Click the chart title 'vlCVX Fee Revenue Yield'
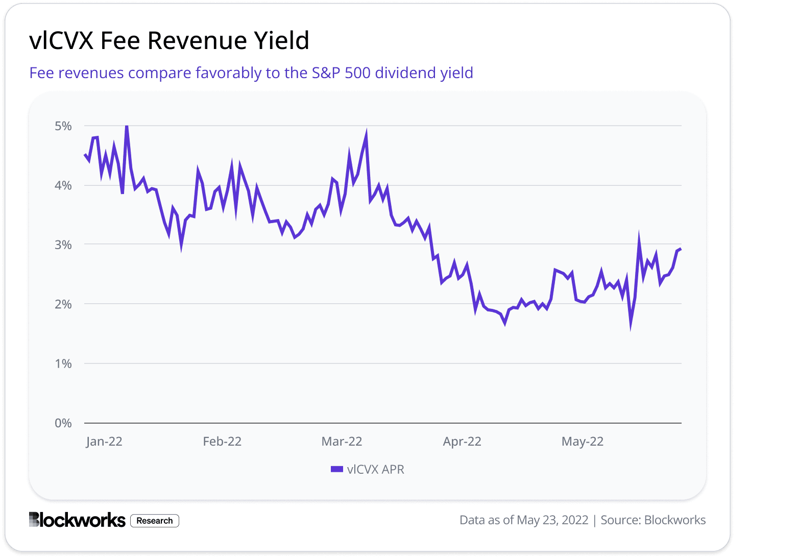coord(169,40)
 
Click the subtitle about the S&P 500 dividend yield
coord(251,73)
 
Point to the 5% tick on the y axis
coord(63,126)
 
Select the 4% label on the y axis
coord(63,185)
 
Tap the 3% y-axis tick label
coord(63,245)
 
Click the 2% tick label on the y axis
coord(63,304)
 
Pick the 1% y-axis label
coord(63,363)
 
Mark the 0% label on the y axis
coord(63,423)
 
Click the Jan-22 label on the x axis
coord(104,442)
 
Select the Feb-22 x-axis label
coord(222,442)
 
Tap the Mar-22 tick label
coord(342,442)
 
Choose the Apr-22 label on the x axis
coord(462,442)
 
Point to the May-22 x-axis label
coord(583,442)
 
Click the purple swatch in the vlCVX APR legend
coord(336,469)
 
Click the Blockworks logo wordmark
coord(77,520)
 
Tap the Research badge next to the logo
coord(155,521)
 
